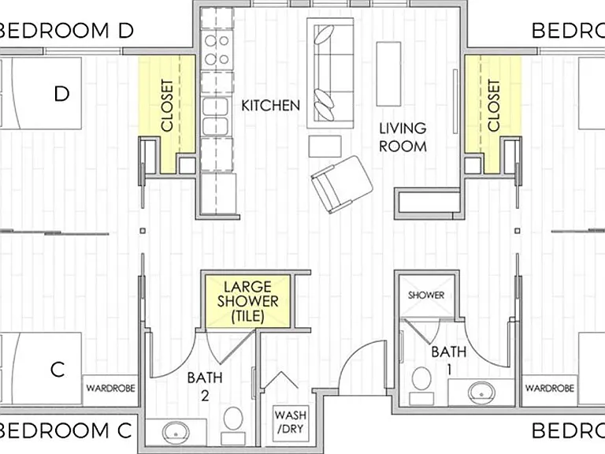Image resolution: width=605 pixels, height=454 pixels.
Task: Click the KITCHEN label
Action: click(x=270, y=106)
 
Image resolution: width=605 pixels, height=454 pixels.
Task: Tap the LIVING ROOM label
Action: click(x=403, y=137)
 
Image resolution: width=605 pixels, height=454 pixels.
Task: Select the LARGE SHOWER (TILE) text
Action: click(x=247, y=302)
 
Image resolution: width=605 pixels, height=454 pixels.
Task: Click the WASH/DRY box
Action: click(x=291, y=422)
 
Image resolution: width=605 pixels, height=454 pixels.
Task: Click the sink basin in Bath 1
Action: click(x=481, y=392)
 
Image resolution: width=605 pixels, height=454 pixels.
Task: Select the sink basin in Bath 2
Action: click(x=176, y=433)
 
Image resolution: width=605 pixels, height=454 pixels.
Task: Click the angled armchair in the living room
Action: click(x=342, y=184)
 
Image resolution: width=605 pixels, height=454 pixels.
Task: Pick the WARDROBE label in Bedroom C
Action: click(x=111, y=388)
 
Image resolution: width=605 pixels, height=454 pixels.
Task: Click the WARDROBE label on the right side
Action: click(x=549, y=388)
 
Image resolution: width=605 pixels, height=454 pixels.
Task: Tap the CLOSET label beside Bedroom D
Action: click(x=167, y=106)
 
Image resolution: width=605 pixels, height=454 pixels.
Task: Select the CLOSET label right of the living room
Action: click(x=493, y=106)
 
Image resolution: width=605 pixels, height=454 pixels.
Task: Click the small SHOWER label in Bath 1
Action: click(x=426, y=296)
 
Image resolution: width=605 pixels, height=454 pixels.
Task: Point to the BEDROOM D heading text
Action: click(x=65, y=31)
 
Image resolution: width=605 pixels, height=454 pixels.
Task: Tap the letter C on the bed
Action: click(x=57, y=370)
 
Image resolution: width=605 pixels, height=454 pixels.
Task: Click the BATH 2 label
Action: click(x=205, y=386)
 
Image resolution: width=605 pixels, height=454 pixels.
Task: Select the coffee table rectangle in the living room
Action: click(x=388, y=74)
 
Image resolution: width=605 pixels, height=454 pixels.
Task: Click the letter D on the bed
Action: click(x=61, y=94)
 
